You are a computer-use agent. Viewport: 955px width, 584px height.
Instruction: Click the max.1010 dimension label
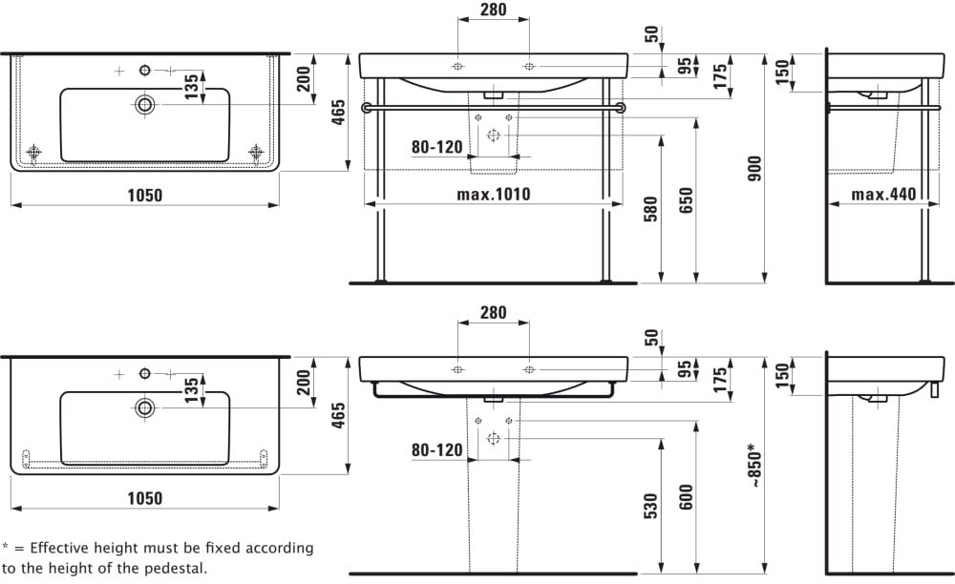tap(493, 195)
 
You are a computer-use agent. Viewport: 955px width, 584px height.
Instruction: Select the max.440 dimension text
tap(883, 195)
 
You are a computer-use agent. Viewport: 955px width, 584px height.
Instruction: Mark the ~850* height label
tap(753, 466)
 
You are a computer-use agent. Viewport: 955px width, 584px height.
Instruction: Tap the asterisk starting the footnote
tap(6, 547)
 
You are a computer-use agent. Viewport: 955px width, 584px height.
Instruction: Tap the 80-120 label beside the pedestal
tap(436, 450)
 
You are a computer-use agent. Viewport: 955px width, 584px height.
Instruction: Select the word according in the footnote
tap(279, 549)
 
